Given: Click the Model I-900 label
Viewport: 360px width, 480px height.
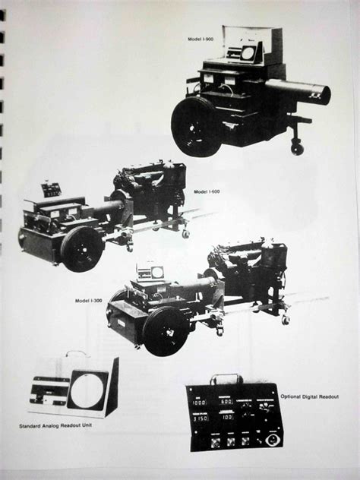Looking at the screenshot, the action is [x=201, y=39].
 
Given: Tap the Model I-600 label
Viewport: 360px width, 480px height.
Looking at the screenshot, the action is [x=207, y=191].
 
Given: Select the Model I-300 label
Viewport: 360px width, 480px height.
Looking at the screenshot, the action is [x=88, y=301].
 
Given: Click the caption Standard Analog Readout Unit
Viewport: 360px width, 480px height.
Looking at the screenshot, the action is [x=55, y=425].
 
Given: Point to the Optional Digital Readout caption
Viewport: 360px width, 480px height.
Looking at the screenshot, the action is [x=309, y=396].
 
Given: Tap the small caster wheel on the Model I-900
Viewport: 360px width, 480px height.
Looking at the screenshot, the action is [x=297, y=149].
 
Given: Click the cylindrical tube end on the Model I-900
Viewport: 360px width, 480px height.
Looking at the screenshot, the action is [x=324, y=95].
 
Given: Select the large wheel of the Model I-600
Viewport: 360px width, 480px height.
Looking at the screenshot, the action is [x=82, y=249].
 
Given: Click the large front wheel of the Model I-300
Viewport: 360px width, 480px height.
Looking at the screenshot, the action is [x=166, y=331].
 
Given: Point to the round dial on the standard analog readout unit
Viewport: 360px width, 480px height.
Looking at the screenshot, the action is [x=87, y=390].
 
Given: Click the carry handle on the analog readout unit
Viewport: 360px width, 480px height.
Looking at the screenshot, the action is [x=76, y=354].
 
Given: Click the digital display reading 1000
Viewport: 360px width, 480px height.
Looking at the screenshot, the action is [x=199, y=403].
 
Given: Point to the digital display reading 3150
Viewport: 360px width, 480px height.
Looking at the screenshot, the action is [x=201, y=418].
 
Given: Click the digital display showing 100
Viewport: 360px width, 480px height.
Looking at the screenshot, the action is [x=227, y=417].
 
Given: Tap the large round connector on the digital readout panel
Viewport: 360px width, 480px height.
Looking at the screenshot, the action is [x=271, y=441].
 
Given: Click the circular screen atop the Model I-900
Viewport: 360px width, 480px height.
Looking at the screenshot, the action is [x=248, y=53].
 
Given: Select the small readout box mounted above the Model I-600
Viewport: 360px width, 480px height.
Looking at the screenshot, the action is [x=51, y=190].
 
